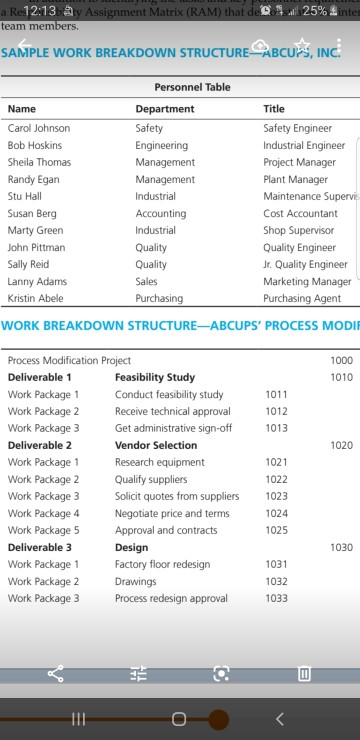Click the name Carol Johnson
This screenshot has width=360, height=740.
coord(39,128)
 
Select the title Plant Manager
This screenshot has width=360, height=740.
coord(295,179)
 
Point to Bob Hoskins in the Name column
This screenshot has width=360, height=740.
coord(35,145)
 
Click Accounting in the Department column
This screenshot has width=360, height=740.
coord(160,213)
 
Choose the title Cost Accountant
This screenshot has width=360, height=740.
coord(300,213)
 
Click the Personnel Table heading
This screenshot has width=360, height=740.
coord(192,88)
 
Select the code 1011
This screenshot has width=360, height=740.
coord(276,394)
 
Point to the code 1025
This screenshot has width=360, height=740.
coord(276,530)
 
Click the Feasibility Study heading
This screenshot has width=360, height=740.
coord(155,377)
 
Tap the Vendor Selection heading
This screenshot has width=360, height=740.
coord(156,445)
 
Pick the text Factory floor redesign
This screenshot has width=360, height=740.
coord(162,564)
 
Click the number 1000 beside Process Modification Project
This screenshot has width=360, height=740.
coord(341,360)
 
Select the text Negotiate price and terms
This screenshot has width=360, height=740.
coord(172,513)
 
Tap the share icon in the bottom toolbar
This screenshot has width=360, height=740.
coord(55,674)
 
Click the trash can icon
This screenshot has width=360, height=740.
coord(304,674)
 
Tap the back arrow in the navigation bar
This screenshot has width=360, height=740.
coord(279,718)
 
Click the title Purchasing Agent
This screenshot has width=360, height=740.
coord(302,298)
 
